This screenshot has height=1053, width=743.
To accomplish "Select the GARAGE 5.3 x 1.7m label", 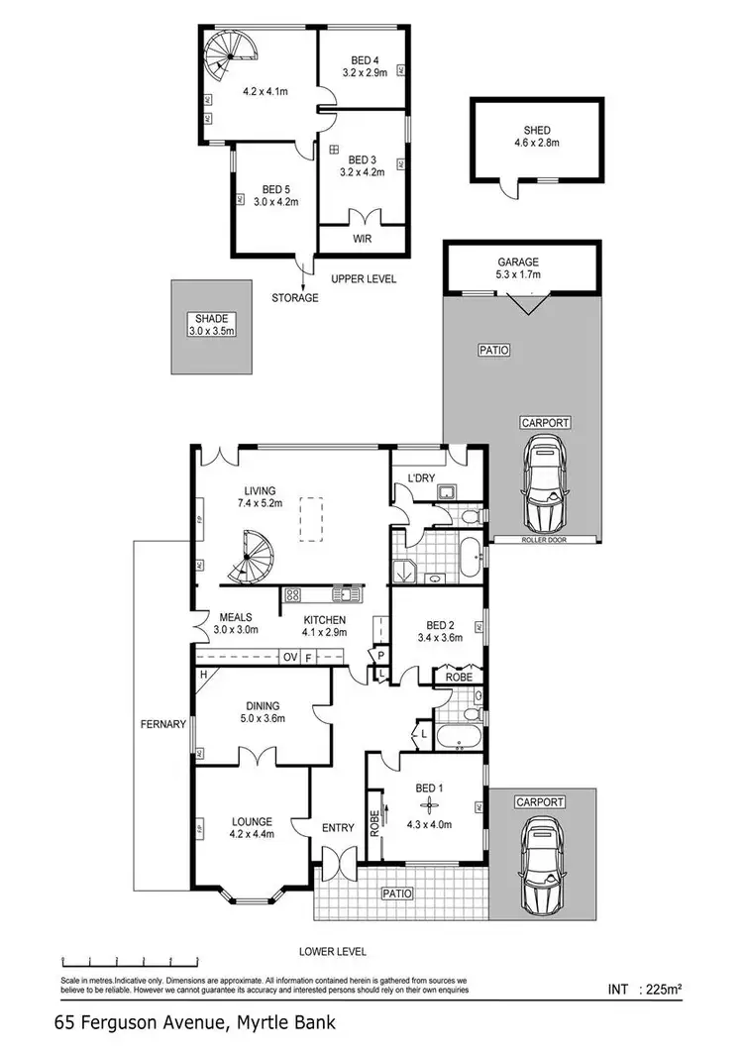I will pyautogui.click(x=520, y=267).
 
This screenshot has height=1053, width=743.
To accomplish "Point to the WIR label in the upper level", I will pyautogui.click(x=362, y=239).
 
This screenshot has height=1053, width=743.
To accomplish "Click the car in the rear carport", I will pyautogui.click(x=543, y=486).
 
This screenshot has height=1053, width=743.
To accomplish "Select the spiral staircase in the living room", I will pyautogui.click(x=252, y=557).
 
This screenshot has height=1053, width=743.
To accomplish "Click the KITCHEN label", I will pyautogui.click(x=324, y=621).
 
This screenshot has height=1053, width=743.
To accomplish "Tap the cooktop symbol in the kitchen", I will pyautogui.click(x=293, y=595).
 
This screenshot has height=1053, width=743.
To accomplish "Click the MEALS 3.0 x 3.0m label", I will pyautogui.click(x=238, y=623).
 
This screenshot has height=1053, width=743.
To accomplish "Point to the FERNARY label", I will pyautogui.click(x=163, y=724).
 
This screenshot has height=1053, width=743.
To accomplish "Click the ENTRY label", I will pyautogui.click(x=338, y=828).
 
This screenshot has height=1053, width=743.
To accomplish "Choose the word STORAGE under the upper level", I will pyautogui.click(x=296, y=297).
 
